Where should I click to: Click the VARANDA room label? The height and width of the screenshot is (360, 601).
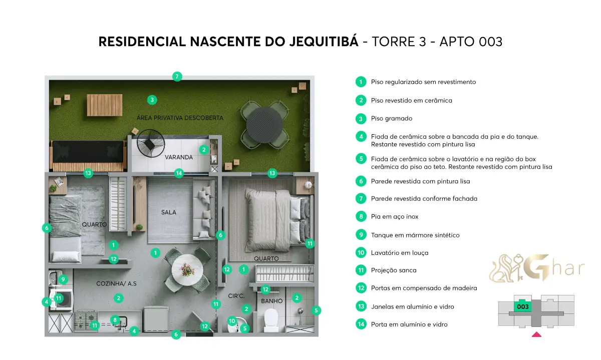point(179,157)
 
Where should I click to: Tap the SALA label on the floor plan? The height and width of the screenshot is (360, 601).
point(169,212)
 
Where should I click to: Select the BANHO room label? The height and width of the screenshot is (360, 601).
point(271,301)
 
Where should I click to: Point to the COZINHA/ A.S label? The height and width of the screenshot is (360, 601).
point(116,283)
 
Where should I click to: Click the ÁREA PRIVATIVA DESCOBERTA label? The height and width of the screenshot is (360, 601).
point(180,118)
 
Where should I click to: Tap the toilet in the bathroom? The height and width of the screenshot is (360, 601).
point(271,320)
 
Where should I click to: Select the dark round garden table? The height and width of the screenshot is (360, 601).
point(265,125)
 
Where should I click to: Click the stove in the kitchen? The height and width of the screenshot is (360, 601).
point(86,321)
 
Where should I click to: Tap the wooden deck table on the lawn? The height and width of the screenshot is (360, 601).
point(105,105)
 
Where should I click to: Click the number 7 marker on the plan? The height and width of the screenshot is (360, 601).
point(177,77)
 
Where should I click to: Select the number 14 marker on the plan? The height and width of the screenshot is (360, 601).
point(179,173)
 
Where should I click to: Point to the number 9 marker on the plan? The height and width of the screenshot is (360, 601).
point(63,279)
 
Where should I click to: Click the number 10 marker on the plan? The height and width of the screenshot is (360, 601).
point(232,321)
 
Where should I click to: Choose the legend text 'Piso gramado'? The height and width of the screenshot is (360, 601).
point(392,119)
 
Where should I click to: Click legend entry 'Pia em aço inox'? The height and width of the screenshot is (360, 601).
point(395,217)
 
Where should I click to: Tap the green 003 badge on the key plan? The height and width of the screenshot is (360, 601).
point(523,306)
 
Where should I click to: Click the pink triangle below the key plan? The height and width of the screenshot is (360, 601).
point(536,334)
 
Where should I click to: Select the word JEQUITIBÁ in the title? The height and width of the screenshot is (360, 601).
point(324,42)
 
